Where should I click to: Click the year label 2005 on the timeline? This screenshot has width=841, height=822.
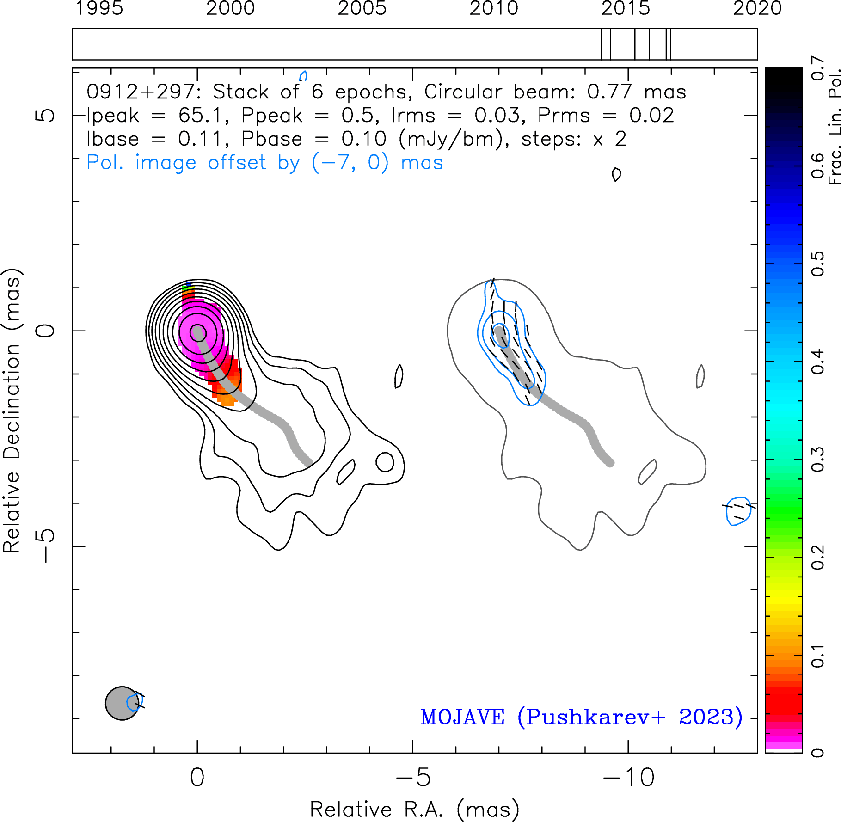pos(362,8)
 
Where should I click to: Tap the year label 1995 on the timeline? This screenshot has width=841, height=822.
pos(99,8)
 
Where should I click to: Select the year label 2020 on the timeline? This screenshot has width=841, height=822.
pos(757,8)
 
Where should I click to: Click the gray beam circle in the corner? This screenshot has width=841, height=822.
pos(122,703)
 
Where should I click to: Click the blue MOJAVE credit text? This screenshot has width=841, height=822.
pos(581,717)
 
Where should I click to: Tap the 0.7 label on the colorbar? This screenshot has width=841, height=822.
pos(818,68)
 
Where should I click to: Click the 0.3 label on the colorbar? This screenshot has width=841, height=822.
pos(818,460)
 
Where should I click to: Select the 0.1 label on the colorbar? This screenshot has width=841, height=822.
pos(818,655)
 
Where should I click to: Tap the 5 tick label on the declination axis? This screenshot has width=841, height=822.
pos(45,115)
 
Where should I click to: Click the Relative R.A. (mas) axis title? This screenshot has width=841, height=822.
pos(414,810)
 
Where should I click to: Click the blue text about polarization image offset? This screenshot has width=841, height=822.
pos(265,163)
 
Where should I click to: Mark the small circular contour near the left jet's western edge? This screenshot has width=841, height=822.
pos(385,462)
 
